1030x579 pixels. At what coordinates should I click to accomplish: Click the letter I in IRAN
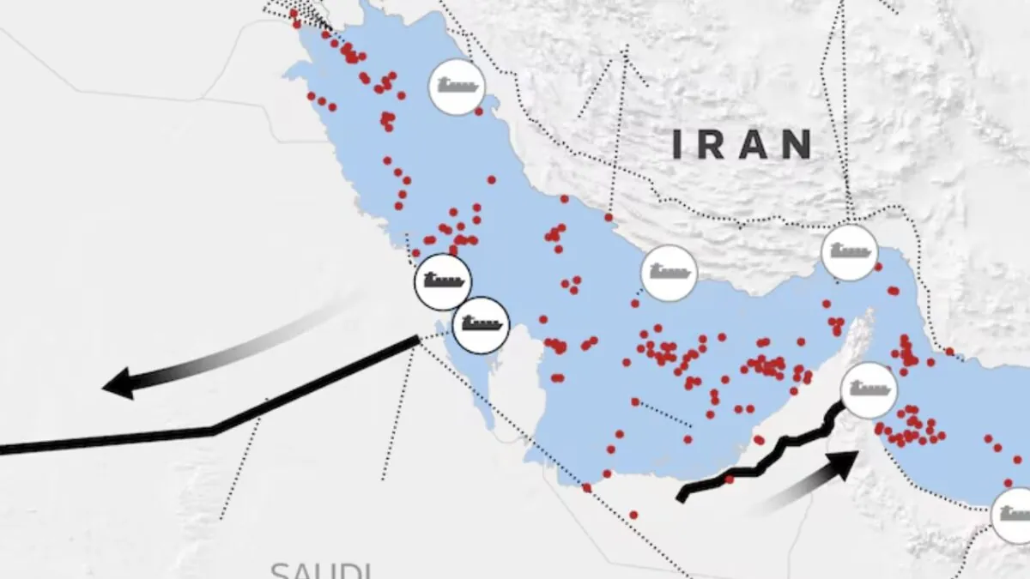(676, 145)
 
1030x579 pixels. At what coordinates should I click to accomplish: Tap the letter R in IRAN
(710, 145)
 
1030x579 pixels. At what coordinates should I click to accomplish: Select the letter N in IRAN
(797, 145)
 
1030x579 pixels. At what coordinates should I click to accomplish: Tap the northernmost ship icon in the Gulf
(457, 87)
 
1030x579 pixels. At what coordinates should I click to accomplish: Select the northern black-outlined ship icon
(443, 281)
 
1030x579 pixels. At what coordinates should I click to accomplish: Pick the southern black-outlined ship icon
(481, 325)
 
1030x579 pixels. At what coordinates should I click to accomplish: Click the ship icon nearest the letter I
(669, 273)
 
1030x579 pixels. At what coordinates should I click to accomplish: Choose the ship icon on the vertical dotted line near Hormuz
(850, 252)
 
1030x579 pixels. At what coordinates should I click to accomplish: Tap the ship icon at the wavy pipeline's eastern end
(869, 390)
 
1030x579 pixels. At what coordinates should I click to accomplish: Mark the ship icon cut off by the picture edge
(1015, 515)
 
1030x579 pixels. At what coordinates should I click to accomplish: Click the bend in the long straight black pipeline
(213, 430)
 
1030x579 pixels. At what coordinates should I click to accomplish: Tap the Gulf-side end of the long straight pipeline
(418, 340)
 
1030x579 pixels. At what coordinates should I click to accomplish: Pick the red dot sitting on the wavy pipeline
(730, 479)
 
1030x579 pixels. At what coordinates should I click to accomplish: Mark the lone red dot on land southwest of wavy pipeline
(633, 515)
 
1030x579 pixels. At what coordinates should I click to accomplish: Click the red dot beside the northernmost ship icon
(479, 112)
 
